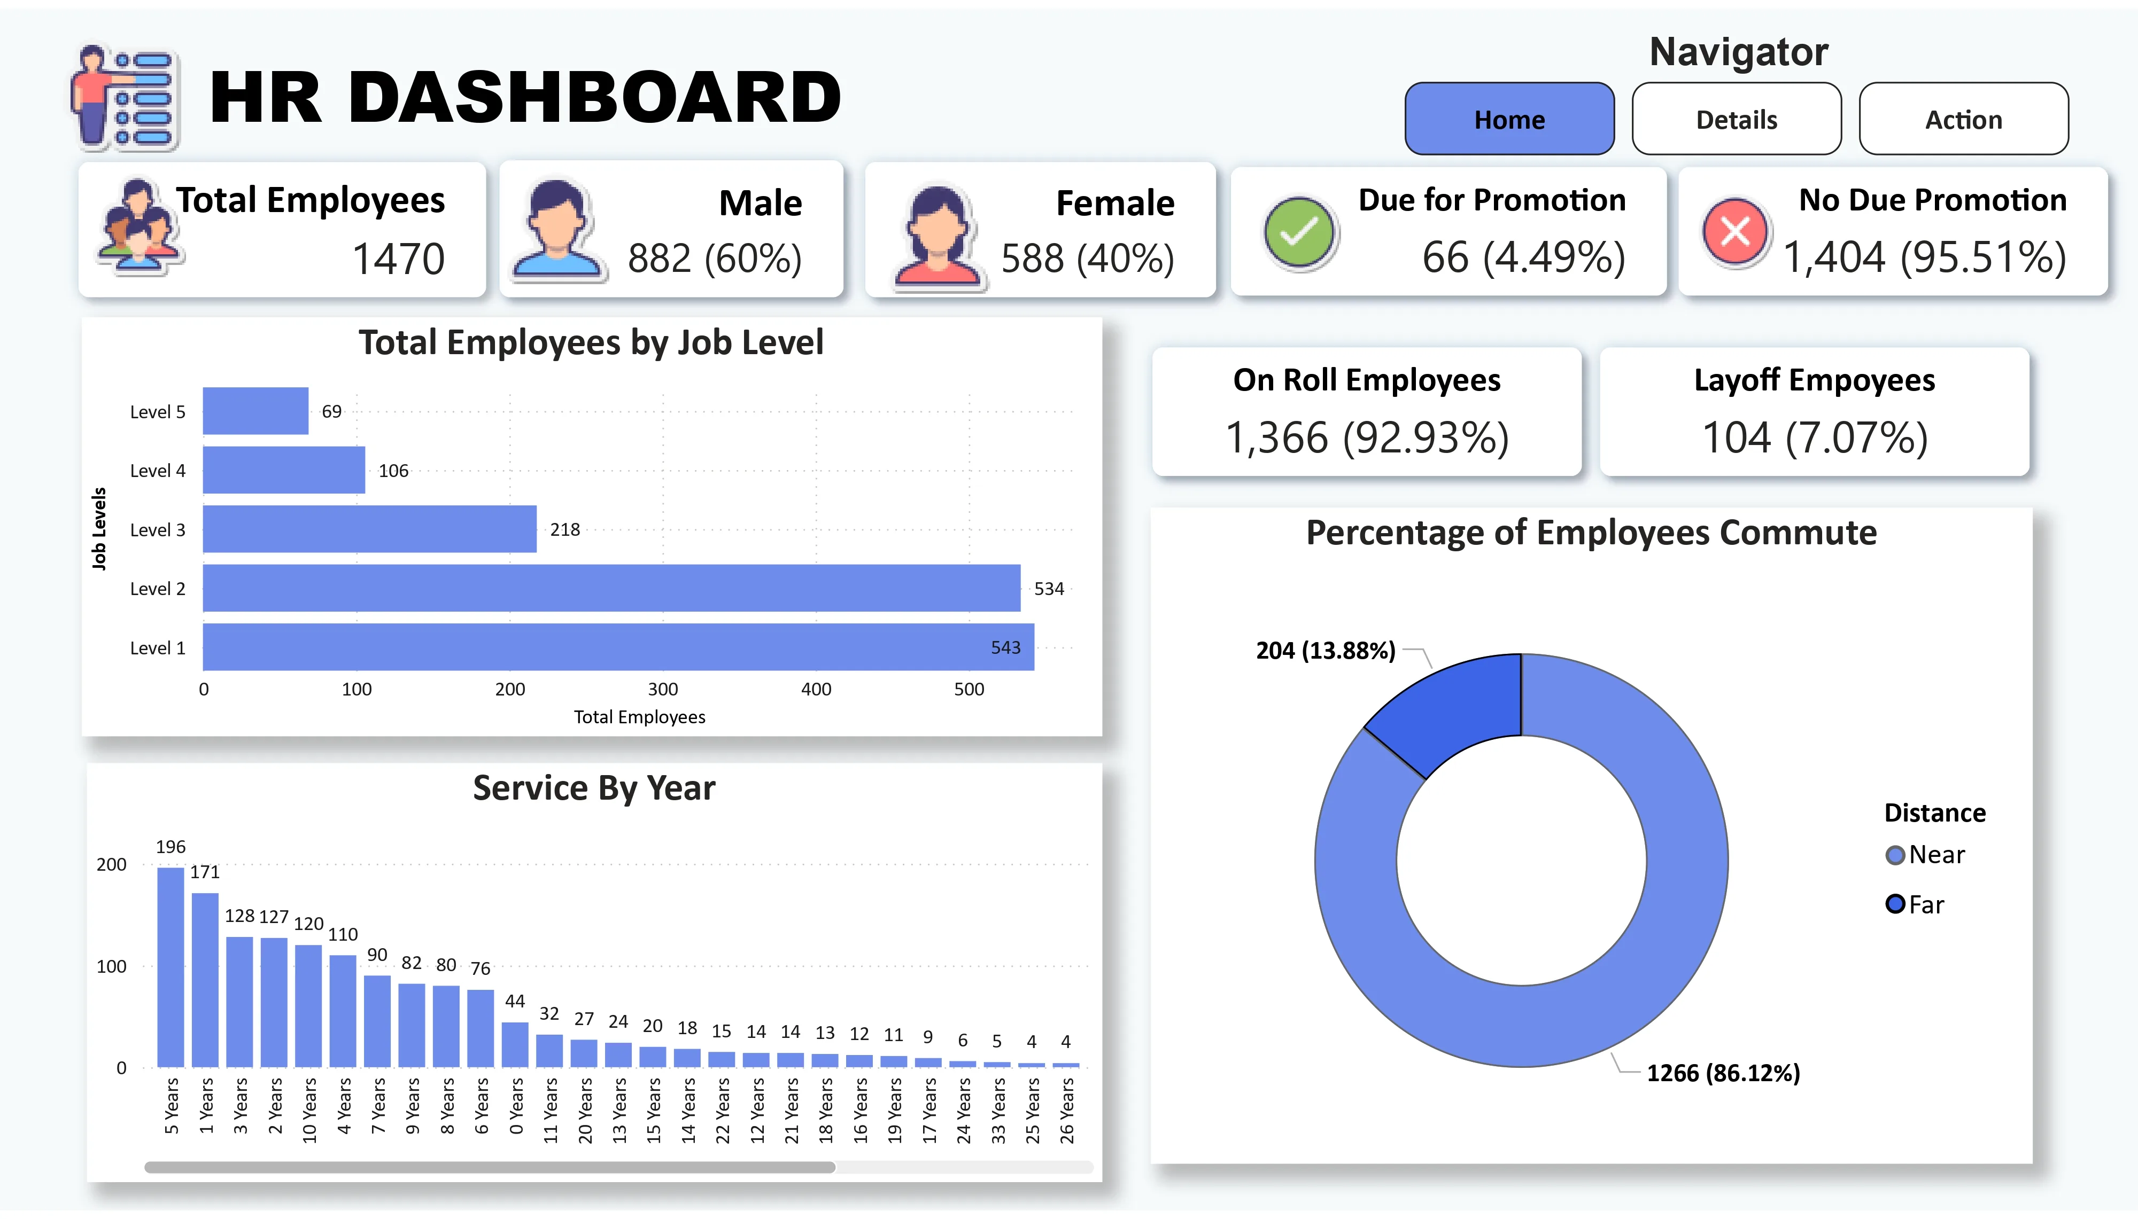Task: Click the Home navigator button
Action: point(1509,119)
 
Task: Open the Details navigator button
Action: point(1736,119)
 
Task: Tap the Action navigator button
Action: point(1963,119)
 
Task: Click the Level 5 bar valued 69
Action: point(255,411)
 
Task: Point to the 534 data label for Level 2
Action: point(1049,589)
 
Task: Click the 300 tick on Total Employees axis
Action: point(662,689)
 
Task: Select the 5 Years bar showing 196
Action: point(171,967)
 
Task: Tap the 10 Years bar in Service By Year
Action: point(308,1005)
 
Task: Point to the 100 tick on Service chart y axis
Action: point(111,966)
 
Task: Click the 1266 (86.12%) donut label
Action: point(1723,1073)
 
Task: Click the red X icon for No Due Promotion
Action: point(1734,232)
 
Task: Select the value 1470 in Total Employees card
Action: point(398,258)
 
